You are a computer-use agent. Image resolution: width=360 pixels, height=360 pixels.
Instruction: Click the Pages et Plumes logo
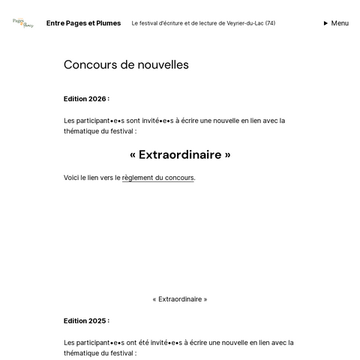point(22,23)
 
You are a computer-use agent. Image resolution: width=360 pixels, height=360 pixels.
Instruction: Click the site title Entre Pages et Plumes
point(83,23)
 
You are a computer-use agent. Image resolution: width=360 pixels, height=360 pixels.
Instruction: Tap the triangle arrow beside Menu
point(325,23)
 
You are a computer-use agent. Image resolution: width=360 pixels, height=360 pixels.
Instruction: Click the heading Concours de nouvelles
point(126,65)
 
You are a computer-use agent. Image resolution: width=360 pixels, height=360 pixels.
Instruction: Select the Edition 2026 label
point(86,99)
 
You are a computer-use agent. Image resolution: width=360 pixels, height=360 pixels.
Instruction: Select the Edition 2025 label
point(86,321)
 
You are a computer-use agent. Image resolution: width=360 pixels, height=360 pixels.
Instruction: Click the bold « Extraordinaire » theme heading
point(180,155)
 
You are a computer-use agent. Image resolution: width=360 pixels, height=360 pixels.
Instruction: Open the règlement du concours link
point(157,178)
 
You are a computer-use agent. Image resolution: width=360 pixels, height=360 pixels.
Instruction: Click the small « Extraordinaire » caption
point(180,299)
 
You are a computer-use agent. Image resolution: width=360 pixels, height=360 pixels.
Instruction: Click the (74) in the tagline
point(270,23)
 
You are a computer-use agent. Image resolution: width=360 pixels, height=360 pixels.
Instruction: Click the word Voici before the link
point(72,178)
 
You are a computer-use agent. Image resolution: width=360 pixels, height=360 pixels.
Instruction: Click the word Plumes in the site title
point(106,23)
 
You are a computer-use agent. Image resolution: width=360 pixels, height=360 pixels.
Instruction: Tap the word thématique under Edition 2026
point(82,131)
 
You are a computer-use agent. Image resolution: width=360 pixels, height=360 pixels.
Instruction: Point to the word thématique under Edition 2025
point(82,353)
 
